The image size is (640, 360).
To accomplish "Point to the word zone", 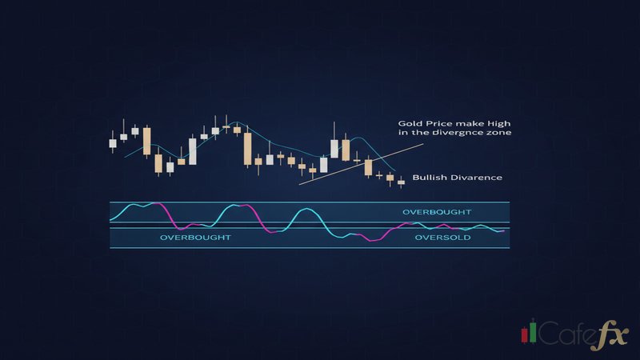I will [x=498, y=134].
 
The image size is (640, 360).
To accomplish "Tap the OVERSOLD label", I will [x=436, y=238].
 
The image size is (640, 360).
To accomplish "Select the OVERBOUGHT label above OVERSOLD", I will [x=437, y=212].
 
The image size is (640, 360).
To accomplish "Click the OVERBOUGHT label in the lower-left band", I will [x=195, y=238].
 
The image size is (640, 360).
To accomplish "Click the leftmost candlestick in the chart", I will [x=113, y=143].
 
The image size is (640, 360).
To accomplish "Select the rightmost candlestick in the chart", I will [x=401, y=182].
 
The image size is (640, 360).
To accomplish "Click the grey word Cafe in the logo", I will [x=566, y=332].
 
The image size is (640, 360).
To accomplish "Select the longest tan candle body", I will [x=248, y=149].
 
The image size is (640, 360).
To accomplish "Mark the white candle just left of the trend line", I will [x=323, y=164].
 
